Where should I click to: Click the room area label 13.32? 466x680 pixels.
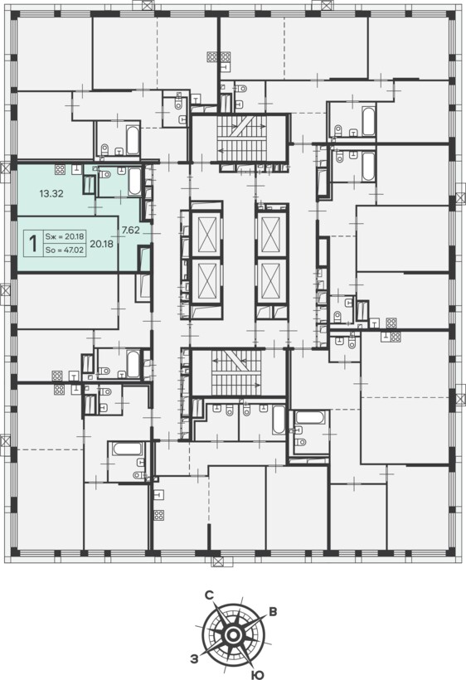click(x=51, y=194)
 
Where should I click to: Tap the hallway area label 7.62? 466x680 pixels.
click(x=130, y=231)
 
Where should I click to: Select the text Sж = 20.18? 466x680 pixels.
click(x=65, y=236)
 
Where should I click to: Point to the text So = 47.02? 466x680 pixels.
click(x=65, y=250)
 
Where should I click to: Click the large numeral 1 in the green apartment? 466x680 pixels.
click(x=32, y=244)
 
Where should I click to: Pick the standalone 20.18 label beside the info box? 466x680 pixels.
click(x=101, y=244)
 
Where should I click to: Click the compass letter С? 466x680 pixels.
click(x=209, y=596)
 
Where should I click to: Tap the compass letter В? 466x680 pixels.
click(x=273, y=612)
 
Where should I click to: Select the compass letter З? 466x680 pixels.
click(x=194, y=659)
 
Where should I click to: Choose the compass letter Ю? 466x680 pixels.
click(x=258, y=674)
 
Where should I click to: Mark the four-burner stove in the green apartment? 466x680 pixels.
click(x=61, y=169)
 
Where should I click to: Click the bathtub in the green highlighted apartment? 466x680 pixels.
click(x=134, y=182)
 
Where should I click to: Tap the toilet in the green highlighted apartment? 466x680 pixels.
click(x=104, y=174)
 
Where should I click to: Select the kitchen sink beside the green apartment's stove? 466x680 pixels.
click(x=77, y=168)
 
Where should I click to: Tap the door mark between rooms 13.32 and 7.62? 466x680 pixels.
click(x=95, y=207)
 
